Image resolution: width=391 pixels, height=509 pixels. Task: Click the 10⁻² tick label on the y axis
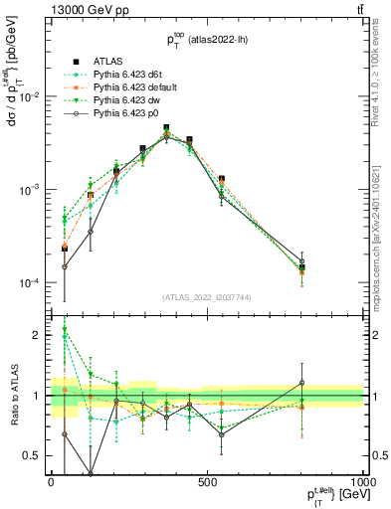[x=29, y=97]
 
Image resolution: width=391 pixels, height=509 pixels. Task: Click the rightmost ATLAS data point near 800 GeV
[x=302, y=267]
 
